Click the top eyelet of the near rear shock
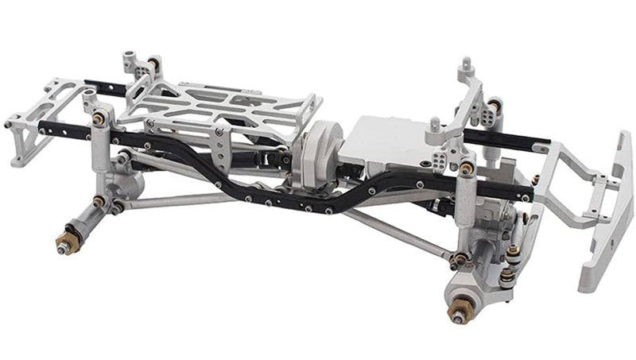(99, 118)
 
